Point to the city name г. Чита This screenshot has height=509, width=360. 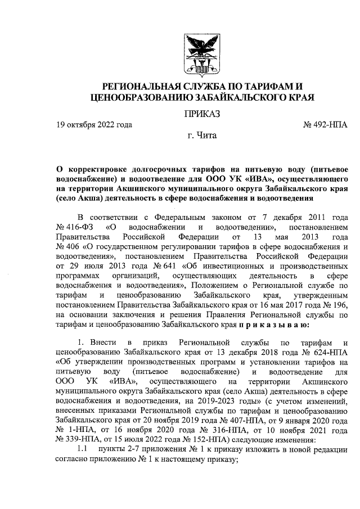coord(201,136)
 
